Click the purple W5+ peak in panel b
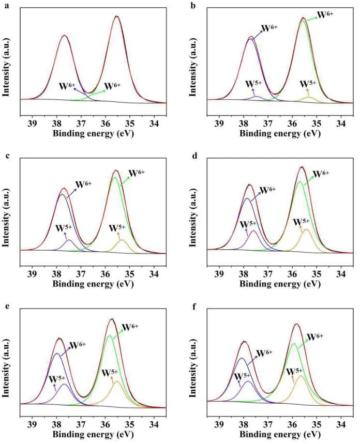[x=256, y=97]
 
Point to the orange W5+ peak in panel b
[x=309, y=97]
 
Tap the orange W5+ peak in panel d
[x=306, y=230]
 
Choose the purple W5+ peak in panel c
[x=69, y=240]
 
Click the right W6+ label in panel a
[x=112, y=86]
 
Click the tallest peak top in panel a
[x=117, y=17]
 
